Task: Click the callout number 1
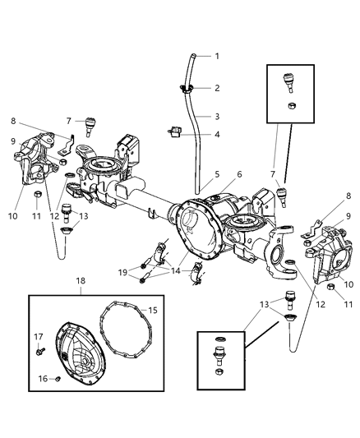[217, 56]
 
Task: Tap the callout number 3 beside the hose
[217, 117]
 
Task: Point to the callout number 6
[239, 174]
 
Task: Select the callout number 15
[153, 310]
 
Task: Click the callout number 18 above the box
[81, 281]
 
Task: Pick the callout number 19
[122, 272]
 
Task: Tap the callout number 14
[176, 271]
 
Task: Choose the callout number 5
[217, 174]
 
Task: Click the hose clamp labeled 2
[187, 89]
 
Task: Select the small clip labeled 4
[175, 131]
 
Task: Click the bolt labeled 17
[40, 352]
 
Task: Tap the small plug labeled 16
[58, 379]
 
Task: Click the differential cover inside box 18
[81, 354]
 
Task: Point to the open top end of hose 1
[193, 55]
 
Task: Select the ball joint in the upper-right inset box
[289, 82]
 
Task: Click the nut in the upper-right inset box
[292, 105]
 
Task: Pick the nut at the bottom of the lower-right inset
[219, 371]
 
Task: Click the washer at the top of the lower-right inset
[220, 339]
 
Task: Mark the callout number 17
[39, 337]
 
